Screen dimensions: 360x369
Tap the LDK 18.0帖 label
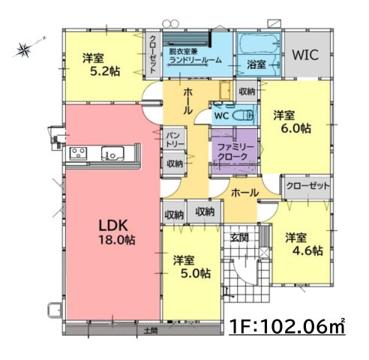(x=114, y=232)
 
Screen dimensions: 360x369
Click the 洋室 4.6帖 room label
(x=303, y=243)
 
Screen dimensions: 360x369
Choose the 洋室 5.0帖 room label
(x=192, y=267)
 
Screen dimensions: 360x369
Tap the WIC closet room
(x=305, y=54)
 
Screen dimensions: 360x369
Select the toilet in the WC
(x=242, y=117)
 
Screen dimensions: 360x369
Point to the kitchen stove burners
(x=79, y=154)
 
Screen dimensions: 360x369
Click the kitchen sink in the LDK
(x=113, y=154)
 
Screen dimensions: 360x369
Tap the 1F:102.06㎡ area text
(x=287, y=327)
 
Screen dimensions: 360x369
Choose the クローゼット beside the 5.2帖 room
(x=153, y=54)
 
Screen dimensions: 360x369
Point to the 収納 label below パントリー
(x=174, y=163)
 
